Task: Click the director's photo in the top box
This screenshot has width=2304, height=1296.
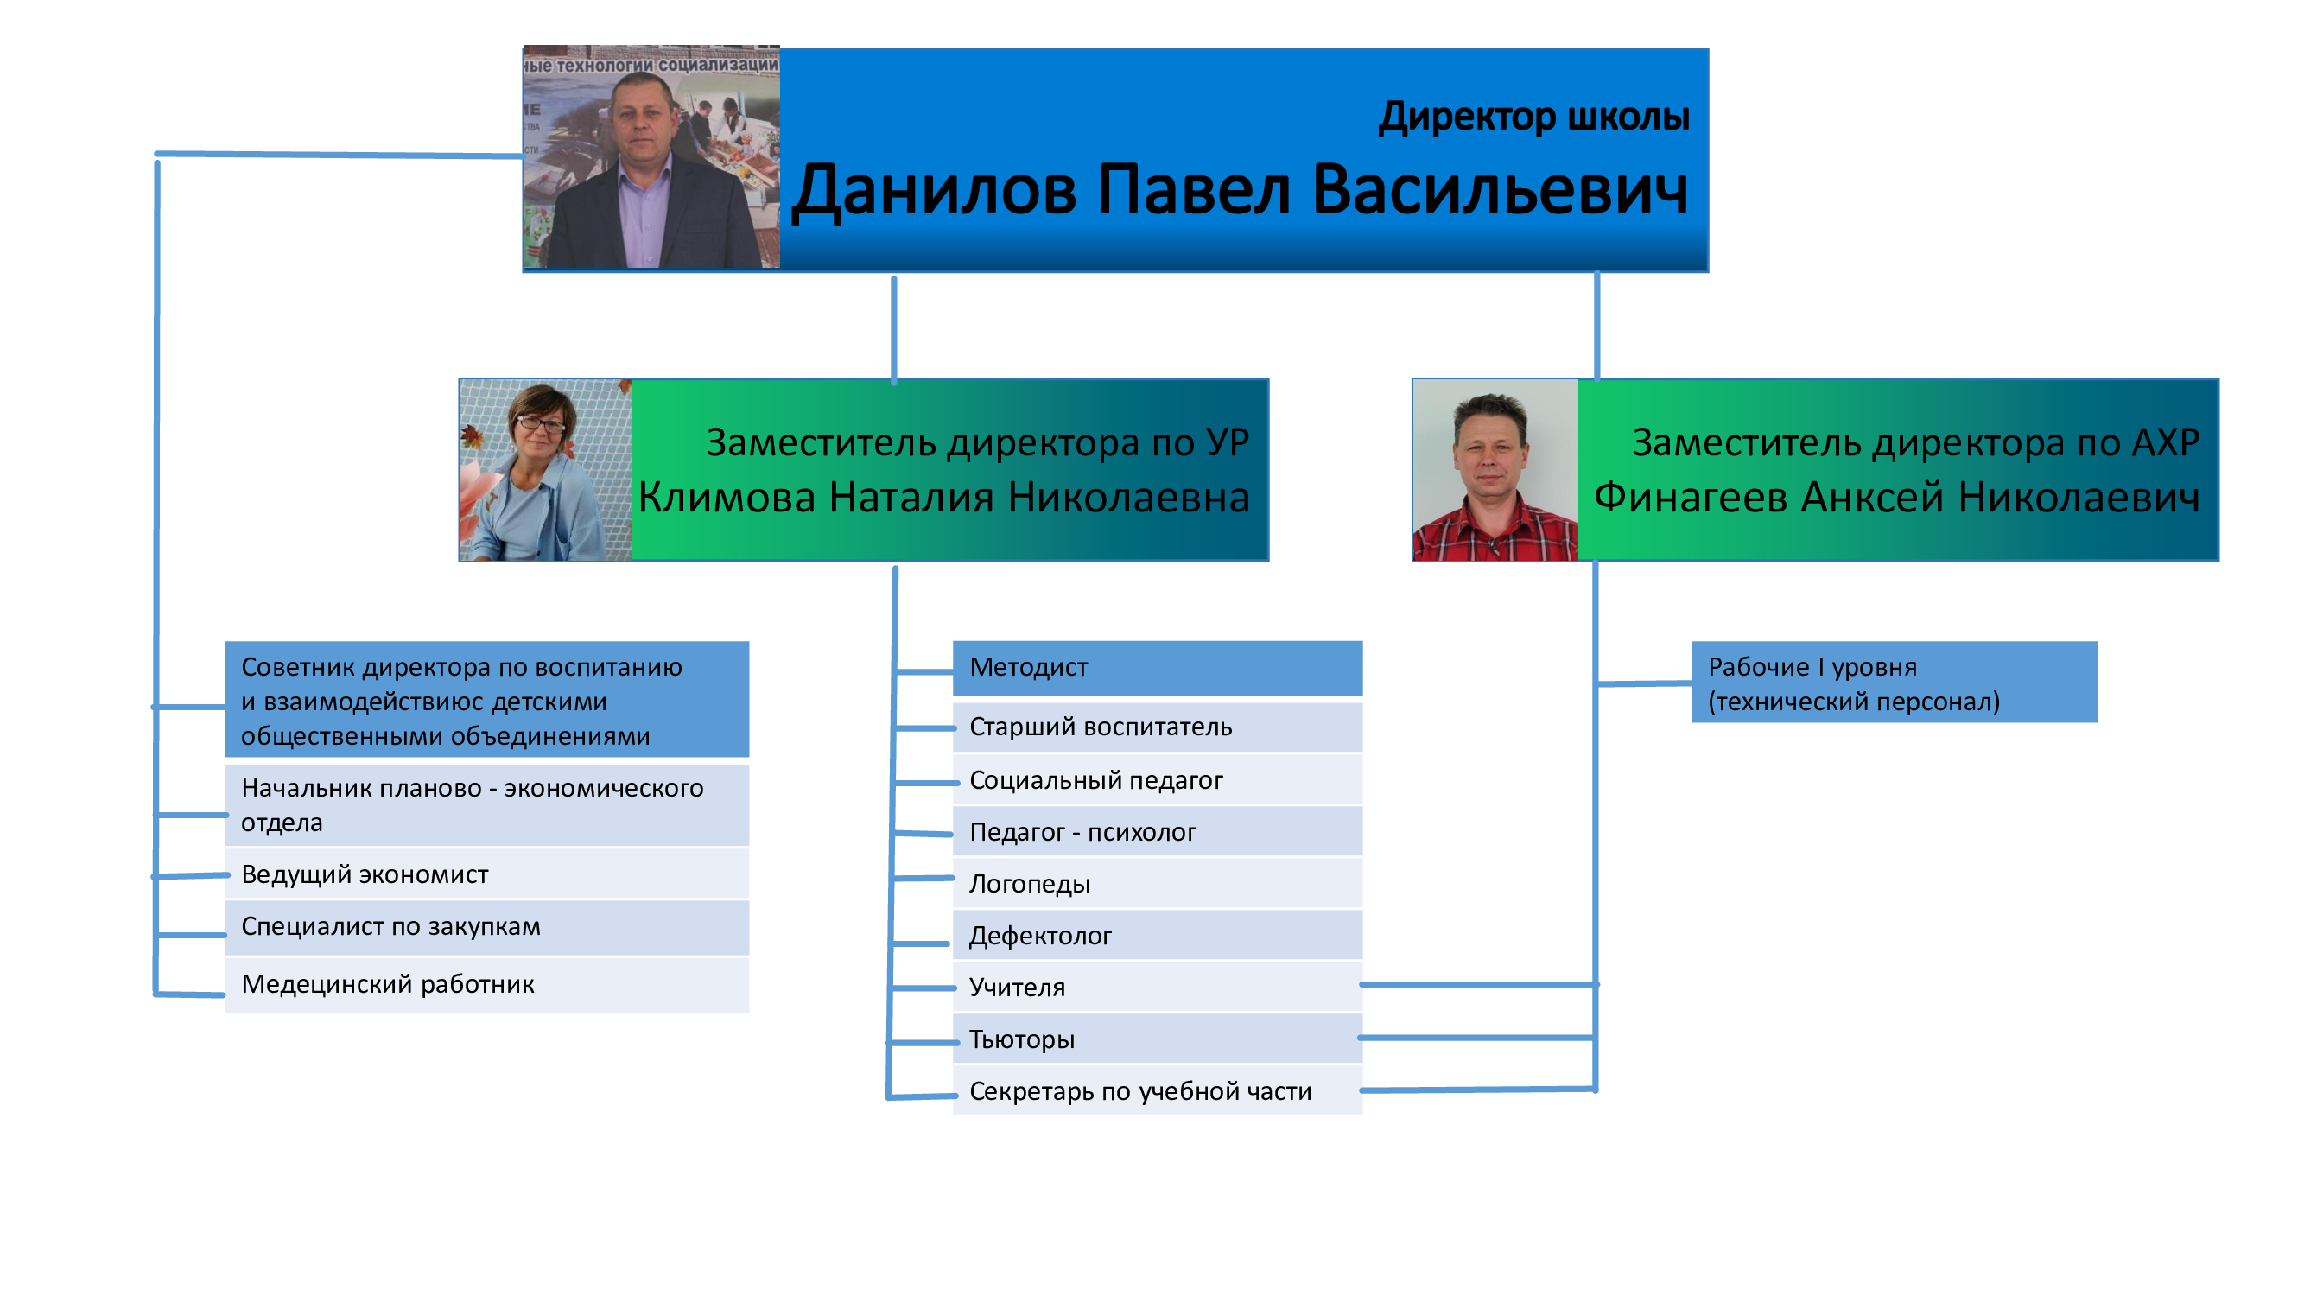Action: click(651, 157)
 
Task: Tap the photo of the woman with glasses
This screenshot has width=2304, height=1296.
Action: click(546, 471)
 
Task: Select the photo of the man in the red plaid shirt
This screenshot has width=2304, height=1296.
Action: click(1495, 471)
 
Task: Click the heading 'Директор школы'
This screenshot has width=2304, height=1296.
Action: click(1534, 117)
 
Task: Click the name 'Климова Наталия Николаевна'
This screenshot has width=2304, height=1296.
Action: click(943, 498)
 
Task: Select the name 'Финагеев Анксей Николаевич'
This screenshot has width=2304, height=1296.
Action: click(1896, 498)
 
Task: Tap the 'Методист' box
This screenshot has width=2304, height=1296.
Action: click(1158, 668)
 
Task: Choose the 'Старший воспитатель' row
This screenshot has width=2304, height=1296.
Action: click(1158, 727)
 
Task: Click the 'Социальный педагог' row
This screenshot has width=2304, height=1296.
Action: click(1158, 780)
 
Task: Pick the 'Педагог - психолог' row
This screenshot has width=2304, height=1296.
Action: click(1158, 832)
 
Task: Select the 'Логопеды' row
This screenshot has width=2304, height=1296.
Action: click(1158, 884)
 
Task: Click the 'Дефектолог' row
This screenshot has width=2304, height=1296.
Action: click(1158, 936)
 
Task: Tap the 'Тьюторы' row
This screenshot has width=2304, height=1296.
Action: click(1158, 1039)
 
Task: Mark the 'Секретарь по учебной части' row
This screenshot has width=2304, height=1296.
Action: click(1158, 1091)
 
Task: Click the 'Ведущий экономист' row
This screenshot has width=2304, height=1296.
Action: click(487, 874)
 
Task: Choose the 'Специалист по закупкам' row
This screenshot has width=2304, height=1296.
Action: click(487, 927)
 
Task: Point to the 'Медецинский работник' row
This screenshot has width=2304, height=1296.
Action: click(487, 985)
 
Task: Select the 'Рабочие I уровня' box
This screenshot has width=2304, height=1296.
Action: click(1895, 683)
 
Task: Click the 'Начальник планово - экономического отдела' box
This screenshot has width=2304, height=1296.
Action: click(487, 805)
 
